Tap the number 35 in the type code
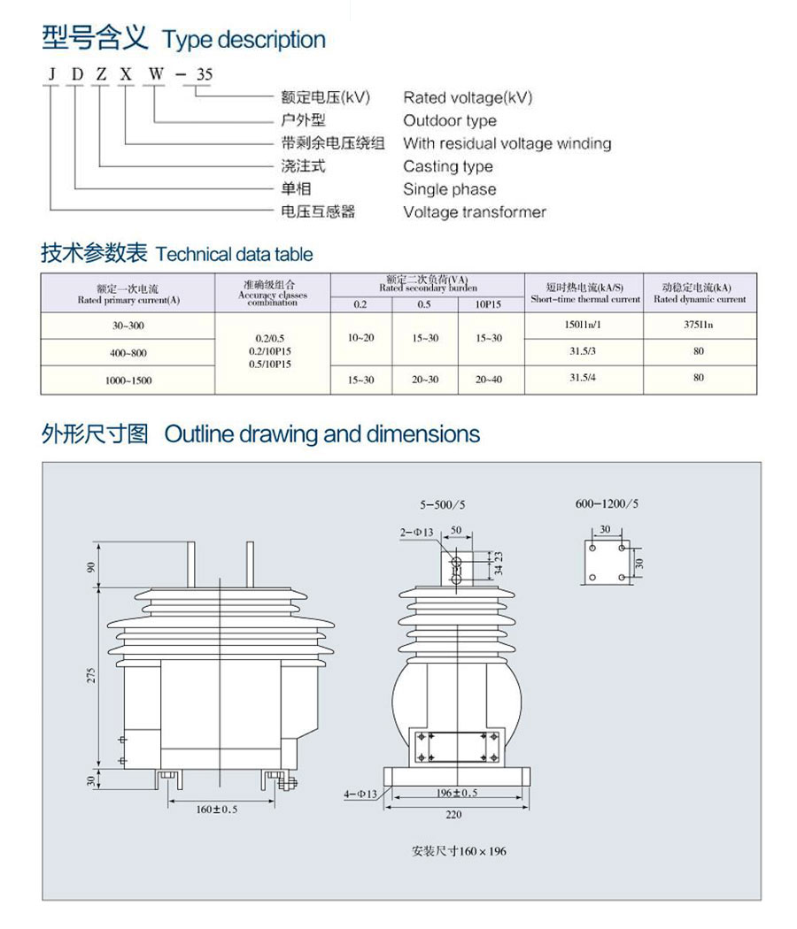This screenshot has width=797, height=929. (x=204, y=74)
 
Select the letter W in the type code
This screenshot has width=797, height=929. (x=155, y=74)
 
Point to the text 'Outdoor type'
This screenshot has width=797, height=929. (x=450, y=120)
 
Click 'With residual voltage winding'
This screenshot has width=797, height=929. (x=507, y=143)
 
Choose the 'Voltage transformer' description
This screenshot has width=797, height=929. (x=475, y=212)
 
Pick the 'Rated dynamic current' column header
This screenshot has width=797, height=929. (x=700, y=294)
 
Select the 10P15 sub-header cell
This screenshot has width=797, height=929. (x=489, y=305)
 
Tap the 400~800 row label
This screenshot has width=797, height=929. (x=128, y=353)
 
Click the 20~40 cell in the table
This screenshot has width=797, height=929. (x=489, y=380)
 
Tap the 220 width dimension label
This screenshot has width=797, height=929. (x=454, y=815)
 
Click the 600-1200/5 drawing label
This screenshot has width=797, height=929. (x=607, y=503)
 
